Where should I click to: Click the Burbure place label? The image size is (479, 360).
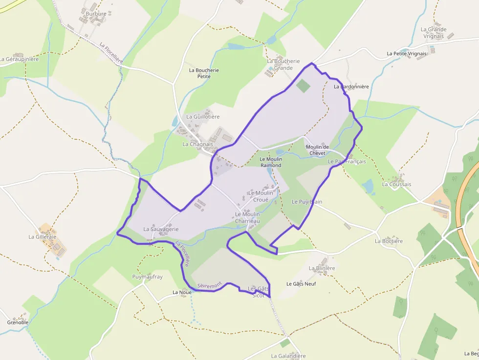[x=96, y=14]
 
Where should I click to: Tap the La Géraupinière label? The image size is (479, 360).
[x=19, y=59]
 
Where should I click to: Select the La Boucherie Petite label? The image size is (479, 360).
[x=204, y=73]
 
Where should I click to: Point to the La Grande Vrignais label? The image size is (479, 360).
[x=433, y=33]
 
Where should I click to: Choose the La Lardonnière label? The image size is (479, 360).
[x=351, y=86]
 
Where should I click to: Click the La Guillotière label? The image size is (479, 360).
[x=203, y=117]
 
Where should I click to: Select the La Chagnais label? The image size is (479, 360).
[x=198, y=144]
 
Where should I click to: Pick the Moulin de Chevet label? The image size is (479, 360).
[x=317, y=150]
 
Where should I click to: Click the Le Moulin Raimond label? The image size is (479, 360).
[x=271, y=162]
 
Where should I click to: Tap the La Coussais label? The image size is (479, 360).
[x=397, y=184]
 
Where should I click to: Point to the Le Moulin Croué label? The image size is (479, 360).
[x=261, y=196]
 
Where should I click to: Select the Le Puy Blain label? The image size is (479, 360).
[x=307, y=202]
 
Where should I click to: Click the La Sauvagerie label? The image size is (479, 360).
[x=161, y=229]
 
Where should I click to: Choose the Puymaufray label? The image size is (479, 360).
[x=148, y=276]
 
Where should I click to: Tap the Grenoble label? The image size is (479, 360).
[x=18, y=322]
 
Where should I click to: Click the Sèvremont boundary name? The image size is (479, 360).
[x=210, y=284]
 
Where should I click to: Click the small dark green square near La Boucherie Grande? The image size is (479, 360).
[x=303, y=86]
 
